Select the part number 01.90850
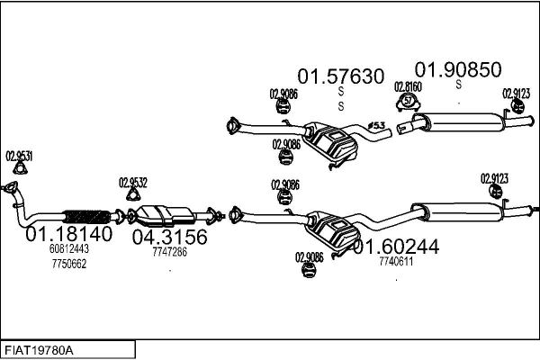point(457,69)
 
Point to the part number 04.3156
point(170,238)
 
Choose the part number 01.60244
point(396,246)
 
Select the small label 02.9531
point(19,156)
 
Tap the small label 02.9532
point(133,182)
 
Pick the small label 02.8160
point(408,86)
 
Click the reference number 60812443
point(68,249)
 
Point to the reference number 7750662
point(68,263)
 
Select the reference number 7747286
point(169,252)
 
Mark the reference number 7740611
point(396,261)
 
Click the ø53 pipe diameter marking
point(378,124)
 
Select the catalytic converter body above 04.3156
point(166,214)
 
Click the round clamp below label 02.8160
point(408,101)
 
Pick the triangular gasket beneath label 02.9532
point(133,195)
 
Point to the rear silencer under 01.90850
point(463,119)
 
